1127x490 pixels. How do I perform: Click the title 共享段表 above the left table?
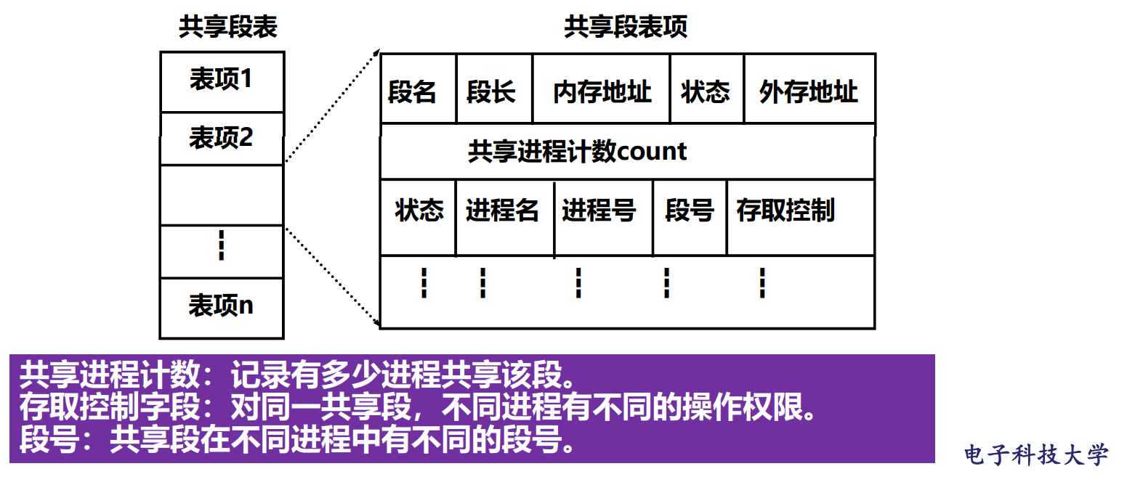(x=228, y=28)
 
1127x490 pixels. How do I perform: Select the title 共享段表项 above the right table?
(x=625, y=28)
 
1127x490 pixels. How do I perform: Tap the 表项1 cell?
(x=221, y=80)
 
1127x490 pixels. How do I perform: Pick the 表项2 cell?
(x=221, y=138)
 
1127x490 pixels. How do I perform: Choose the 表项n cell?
(x=221, y=306)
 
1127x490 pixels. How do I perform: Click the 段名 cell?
(x=412, y=92)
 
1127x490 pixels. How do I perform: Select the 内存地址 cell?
(x=602, y=92)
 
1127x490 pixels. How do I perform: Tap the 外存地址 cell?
(x=808, y=92)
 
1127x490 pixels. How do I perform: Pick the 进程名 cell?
(x=503, y=211)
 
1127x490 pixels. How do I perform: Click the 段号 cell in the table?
(x=690, y=211)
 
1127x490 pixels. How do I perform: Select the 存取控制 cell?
(x=785, y=211)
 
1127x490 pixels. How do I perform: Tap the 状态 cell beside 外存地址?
(x=705, y=92)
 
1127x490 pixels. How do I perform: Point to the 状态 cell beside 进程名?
(x=419, y=211)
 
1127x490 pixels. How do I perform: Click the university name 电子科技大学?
(x=1036, y=455)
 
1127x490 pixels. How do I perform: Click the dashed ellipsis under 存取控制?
(x=762, y=283)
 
